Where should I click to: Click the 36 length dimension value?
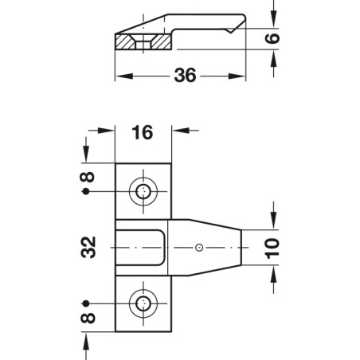[x=185, y=76]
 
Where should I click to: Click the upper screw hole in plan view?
[x=144, y=192]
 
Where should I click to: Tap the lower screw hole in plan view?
[x=144, y=303]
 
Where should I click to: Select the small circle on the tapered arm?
[x=199, y=248]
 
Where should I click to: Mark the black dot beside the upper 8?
[x=85, y=193]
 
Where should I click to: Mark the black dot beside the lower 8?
[x=85, y=303]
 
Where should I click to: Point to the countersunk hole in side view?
[x=143, y=41]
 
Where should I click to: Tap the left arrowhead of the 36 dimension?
[x=122, y=76]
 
